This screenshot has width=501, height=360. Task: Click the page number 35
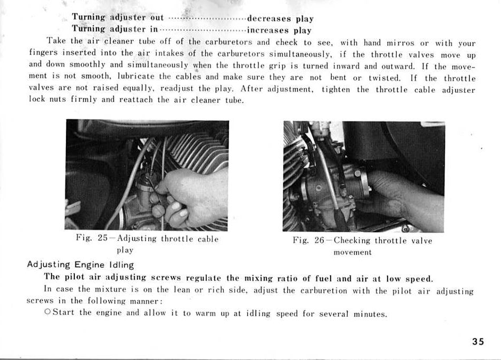point(478,341)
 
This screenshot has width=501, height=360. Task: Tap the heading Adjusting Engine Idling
point(81,265)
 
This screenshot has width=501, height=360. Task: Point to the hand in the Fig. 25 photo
point(190,195)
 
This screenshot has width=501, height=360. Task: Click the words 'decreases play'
point(280,19)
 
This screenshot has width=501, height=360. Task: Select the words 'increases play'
point(279,31)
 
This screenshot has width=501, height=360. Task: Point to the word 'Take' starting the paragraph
point(56,41)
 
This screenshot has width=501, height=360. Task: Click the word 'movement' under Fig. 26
point(352,252)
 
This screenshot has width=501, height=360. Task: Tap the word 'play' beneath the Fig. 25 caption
point(125,250)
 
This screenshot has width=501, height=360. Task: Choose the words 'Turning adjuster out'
point(118,18)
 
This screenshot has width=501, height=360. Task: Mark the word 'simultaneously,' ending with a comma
point(300,54)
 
